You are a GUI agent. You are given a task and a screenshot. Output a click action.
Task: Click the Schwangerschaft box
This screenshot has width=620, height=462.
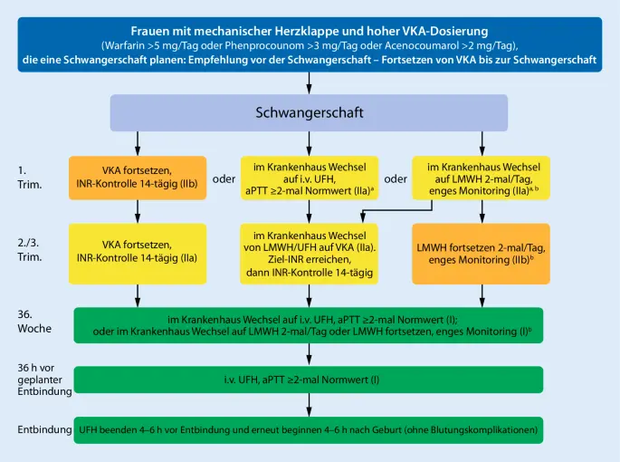coord(310,113)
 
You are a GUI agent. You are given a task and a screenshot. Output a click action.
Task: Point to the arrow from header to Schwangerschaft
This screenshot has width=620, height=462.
coord(310,82)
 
